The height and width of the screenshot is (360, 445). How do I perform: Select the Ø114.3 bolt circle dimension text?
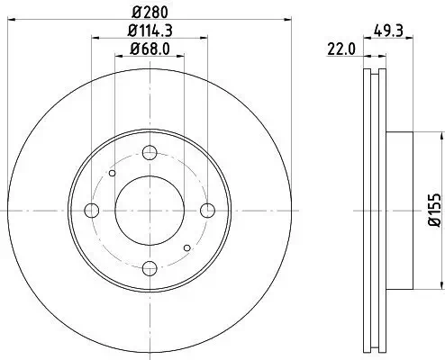coord(150,32)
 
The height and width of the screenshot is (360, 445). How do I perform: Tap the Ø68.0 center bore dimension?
coord(150,50)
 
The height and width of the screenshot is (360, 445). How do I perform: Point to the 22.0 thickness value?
coord(339,50)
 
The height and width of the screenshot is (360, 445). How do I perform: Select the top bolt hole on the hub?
coord(150,152)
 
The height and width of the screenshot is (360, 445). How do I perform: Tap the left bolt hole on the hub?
coord(91,211)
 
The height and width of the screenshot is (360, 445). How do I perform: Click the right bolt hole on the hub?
coord(208,211)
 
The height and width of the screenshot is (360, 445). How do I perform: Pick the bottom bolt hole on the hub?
coord(150,269)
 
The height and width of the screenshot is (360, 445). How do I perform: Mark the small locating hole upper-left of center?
coord(113,173)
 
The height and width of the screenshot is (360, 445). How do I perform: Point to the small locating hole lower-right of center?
coord(186,247)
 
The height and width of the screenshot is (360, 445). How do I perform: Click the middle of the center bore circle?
coord(150,211)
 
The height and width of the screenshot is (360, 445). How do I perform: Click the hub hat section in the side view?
coord(400,210)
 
